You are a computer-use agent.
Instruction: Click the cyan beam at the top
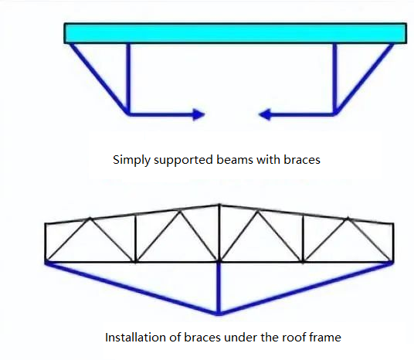point(235,33)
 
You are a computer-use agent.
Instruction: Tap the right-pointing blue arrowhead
point(199,114)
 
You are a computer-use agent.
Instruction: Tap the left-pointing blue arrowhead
point(265,114)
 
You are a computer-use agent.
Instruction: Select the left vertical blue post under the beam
point(128,79)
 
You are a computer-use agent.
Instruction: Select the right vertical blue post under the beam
point(334,79)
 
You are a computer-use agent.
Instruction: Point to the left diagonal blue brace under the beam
point(99,79)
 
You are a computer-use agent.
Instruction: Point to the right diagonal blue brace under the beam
point(364,79)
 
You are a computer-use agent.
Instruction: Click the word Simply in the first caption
point(131,160)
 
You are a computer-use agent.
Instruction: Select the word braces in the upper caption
point(302,160)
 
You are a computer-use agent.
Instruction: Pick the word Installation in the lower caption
point(135,338)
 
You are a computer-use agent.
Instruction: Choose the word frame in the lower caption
point(323,338)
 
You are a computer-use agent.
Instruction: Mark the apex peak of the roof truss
point(219,205)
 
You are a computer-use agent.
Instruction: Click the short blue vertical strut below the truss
point(219,288)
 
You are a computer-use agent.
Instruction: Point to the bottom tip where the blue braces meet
point(219,314)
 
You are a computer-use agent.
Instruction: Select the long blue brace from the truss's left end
point(132,288)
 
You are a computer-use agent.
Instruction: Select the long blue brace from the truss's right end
point(306,288)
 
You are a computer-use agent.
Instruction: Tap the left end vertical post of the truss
point(46,243)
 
